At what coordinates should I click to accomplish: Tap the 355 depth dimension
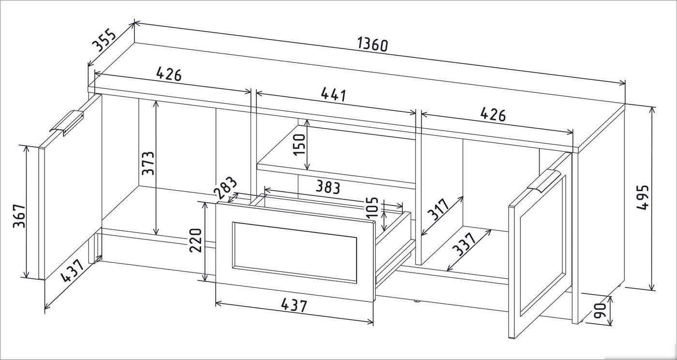click(103, 40)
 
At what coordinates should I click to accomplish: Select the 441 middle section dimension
click(333, 95)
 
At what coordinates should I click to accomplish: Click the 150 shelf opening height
click(299, 145)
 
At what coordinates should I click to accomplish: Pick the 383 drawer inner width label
click(328, 188)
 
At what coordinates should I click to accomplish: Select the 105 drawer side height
click(372, 208)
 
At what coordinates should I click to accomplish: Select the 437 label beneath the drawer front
click(294, 305)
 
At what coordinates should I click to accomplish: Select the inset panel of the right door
click(542, 246)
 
